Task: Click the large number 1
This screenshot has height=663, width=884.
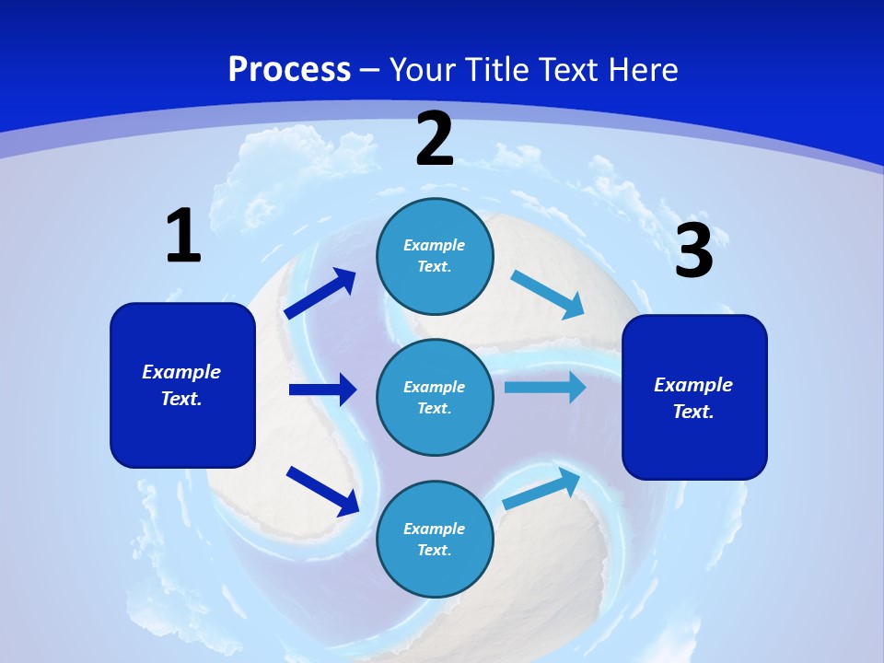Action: tap(183, 237)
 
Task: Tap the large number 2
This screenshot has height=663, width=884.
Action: tap(435, 140)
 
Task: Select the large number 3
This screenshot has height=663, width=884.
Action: tap(694, 251)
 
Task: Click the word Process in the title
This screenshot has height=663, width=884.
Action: tap(289, 69)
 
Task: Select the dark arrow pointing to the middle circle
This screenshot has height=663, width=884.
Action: tap(322, 390)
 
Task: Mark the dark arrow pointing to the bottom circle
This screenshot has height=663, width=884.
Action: tap(322, 491)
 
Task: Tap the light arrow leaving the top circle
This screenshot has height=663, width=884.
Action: tap(548, 295)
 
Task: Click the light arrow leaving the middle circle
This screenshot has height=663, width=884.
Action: tap(545, 387)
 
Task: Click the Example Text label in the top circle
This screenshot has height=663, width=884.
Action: tap(435, 256)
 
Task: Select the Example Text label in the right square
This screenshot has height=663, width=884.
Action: tap(693, 398)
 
